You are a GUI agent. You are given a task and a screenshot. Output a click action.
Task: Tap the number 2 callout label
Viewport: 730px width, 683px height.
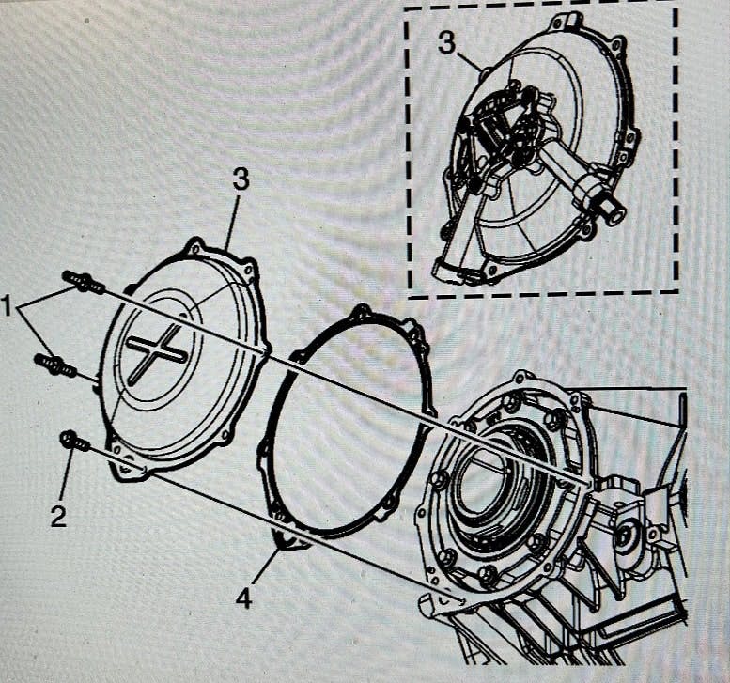[58, 516]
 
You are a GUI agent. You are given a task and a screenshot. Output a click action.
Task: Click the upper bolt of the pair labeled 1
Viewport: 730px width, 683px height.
[84, 281]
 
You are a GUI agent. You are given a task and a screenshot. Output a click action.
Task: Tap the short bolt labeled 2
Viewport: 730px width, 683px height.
[74, 441]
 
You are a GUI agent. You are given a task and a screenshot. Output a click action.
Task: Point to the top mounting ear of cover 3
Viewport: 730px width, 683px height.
[195, 247]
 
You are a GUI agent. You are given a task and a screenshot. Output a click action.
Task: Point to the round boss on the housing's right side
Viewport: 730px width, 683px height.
[625, 536]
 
